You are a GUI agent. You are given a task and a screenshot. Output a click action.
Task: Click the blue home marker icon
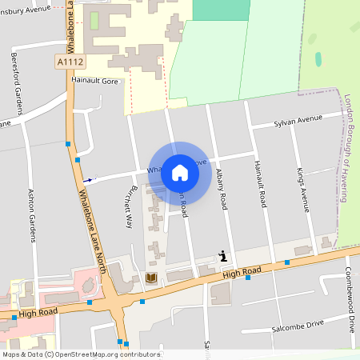180,173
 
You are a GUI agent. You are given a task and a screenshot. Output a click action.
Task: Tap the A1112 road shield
70,61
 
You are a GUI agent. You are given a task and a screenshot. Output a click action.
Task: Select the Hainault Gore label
94,81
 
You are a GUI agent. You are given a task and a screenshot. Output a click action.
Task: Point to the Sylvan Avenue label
298,118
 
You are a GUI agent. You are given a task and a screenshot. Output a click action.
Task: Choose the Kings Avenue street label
302,189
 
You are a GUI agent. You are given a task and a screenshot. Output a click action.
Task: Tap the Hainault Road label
259,185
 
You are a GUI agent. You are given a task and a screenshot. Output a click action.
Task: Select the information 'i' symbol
222,256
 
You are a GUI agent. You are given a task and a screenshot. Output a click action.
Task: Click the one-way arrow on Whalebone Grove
88,180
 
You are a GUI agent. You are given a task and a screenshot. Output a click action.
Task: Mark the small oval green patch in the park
318,59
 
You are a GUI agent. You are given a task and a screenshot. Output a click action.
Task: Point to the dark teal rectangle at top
221,10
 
